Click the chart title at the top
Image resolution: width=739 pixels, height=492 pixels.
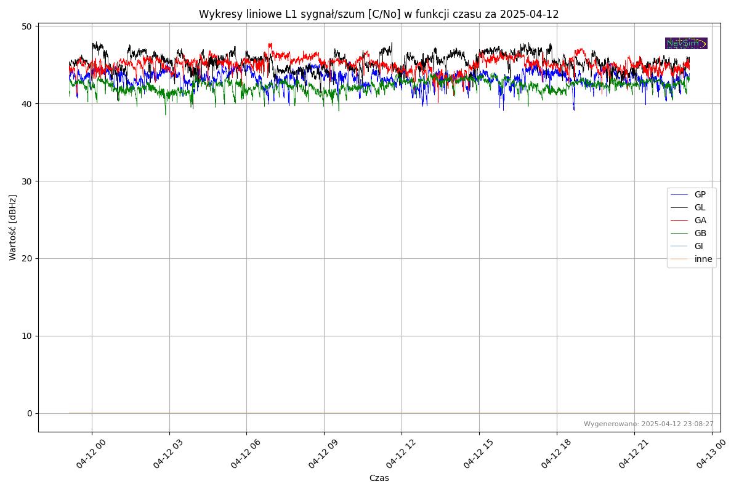click(x=379, y=14)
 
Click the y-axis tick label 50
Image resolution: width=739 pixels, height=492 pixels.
click(x=27, y=26)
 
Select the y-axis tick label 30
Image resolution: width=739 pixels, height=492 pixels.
click(x=27, y=181)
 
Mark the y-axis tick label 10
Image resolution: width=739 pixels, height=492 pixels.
click(x=27, y=336)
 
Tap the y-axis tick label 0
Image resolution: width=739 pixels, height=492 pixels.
click(x=30, y=413)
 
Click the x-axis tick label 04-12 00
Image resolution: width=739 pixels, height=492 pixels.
click(x=91, y=454)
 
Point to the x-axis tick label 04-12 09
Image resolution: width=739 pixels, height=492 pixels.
click(x=323, y=454)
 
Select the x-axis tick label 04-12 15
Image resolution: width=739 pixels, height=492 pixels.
click(x=478, y=454)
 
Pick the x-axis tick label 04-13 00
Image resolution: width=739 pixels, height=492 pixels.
click(x=711, y=454)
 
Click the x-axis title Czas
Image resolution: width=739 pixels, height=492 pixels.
click(x=379, y=478)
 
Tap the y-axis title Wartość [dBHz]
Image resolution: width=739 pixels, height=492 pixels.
click(x=13, y=228)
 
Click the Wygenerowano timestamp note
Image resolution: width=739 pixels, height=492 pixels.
click(x=648, y=424)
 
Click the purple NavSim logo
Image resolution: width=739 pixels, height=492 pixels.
click(x=686, y=44)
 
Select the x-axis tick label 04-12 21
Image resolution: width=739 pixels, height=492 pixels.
click(x=633, y=454)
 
